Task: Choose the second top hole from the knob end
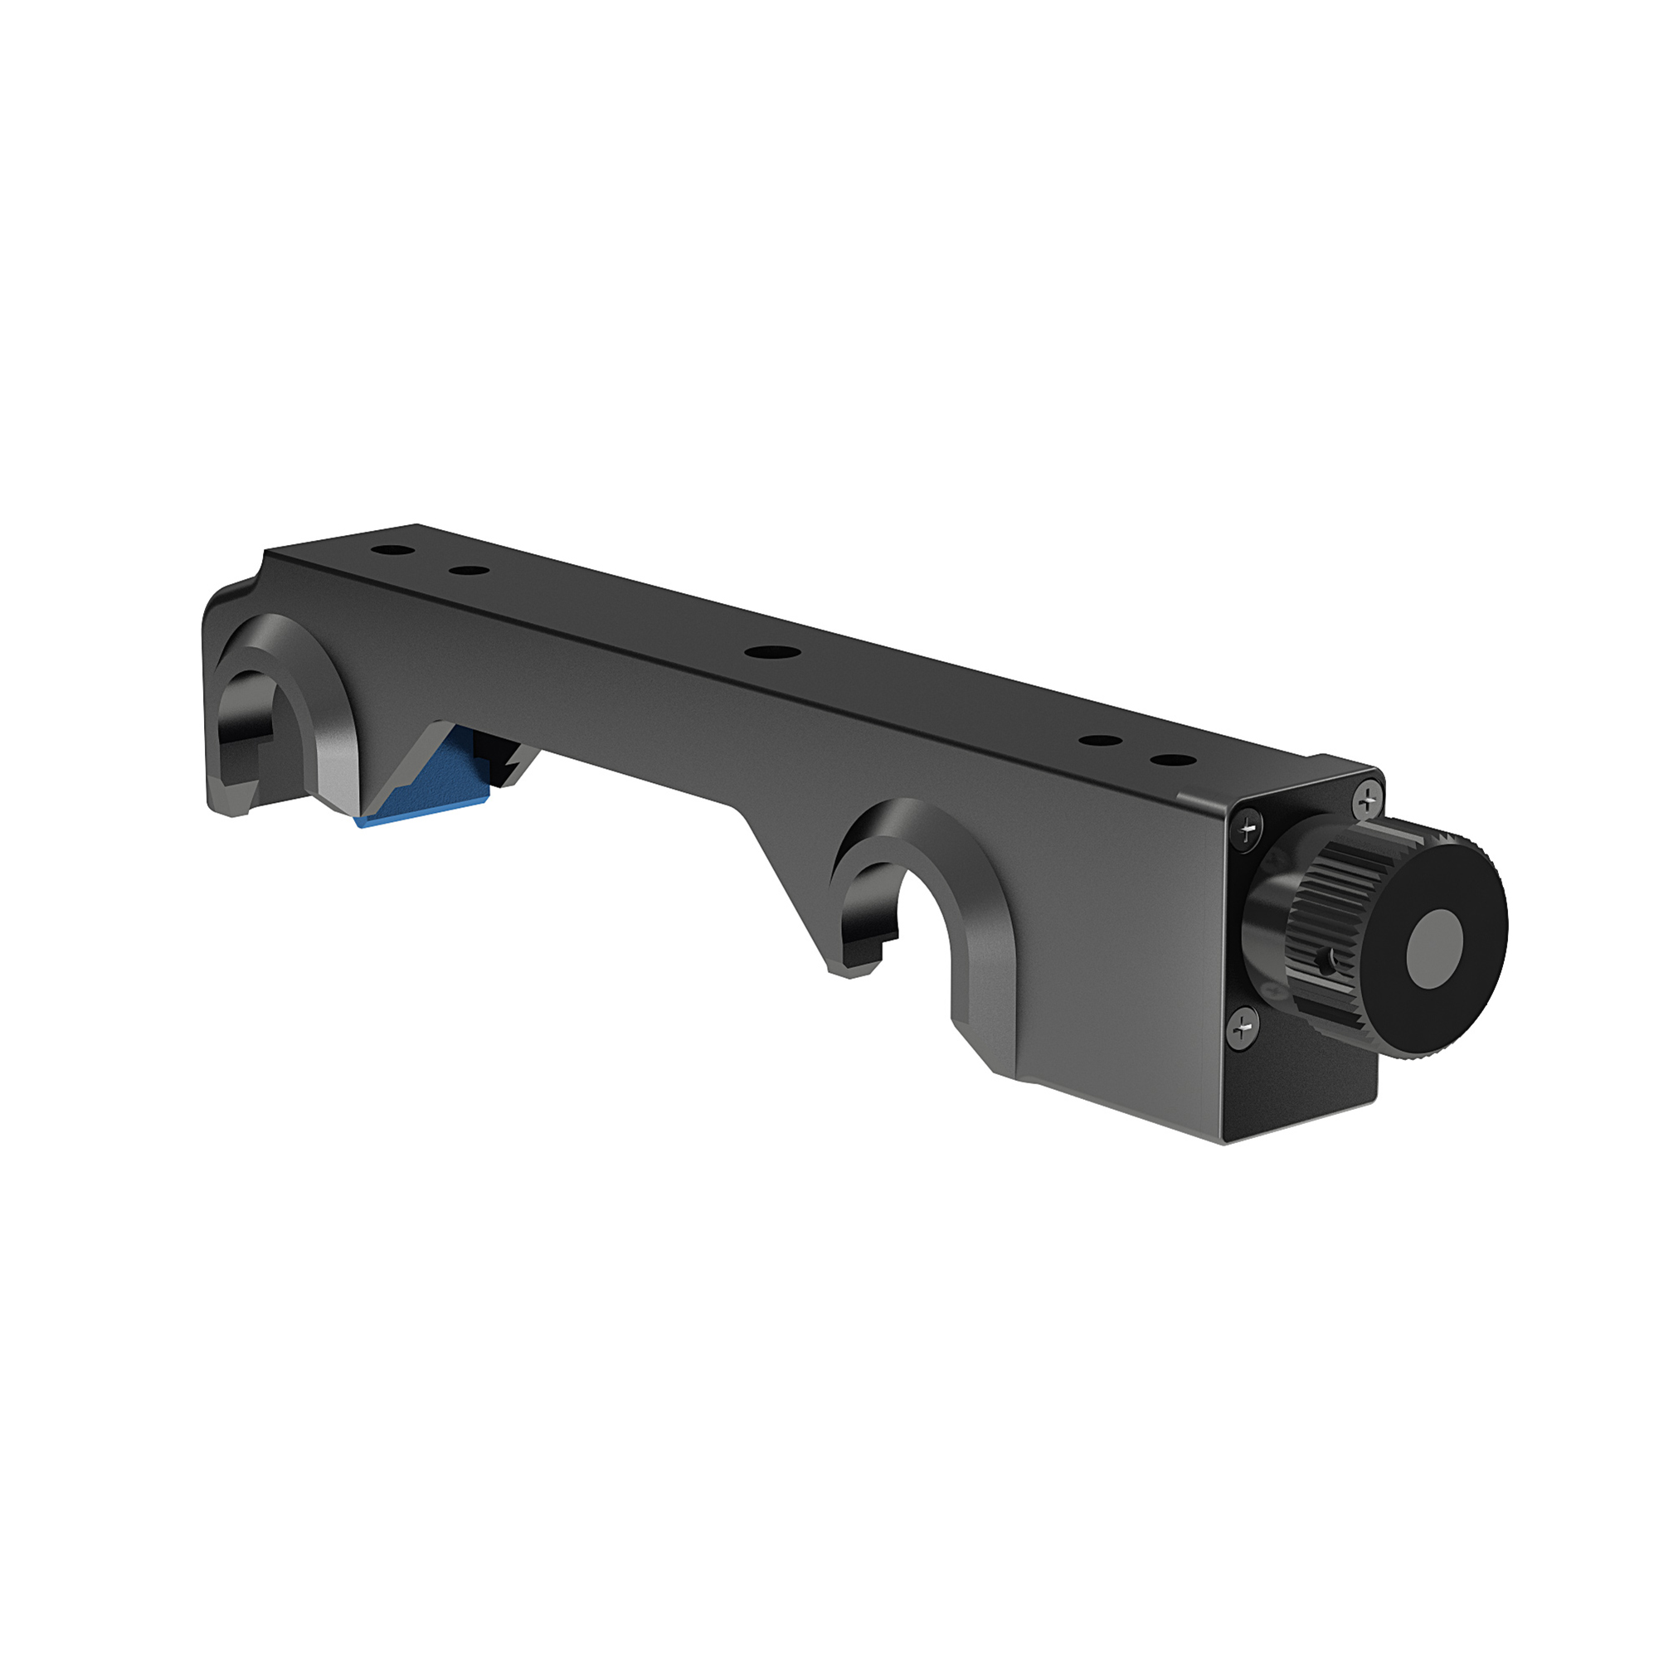(1097, 740)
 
